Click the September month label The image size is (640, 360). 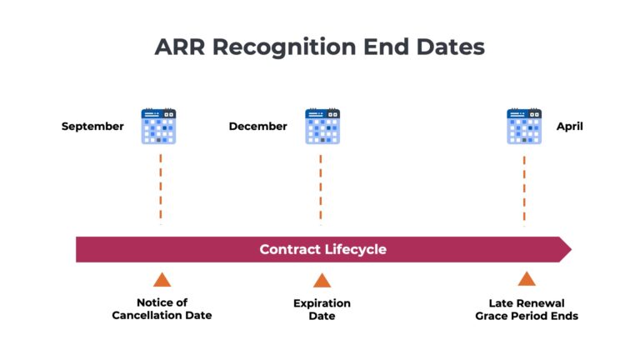coord(92,127)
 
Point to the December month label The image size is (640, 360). coord(257,127)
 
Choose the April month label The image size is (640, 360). coord(570,127)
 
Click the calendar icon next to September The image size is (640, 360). coord(158,127)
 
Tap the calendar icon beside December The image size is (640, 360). coord(322,127)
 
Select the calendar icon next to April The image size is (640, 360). coord(524,127)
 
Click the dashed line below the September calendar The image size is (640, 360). coord(160,188)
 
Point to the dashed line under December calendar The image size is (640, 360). coord(321,188)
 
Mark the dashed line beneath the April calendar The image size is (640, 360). coord(524,188)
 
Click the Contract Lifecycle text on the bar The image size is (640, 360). coord(322,249)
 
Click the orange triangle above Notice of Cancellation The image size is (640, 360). coord(162,280)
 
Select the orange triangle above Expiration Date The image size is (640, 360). coord(322,280)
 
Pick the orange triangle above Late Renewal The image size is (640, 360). coord(526,279)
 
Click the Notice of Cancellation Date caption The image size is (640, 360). coord(162,309)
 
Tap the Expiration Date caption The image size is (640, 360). coord(322,309)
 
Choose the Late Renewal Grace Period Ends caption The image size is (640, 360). coord(526,309)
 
